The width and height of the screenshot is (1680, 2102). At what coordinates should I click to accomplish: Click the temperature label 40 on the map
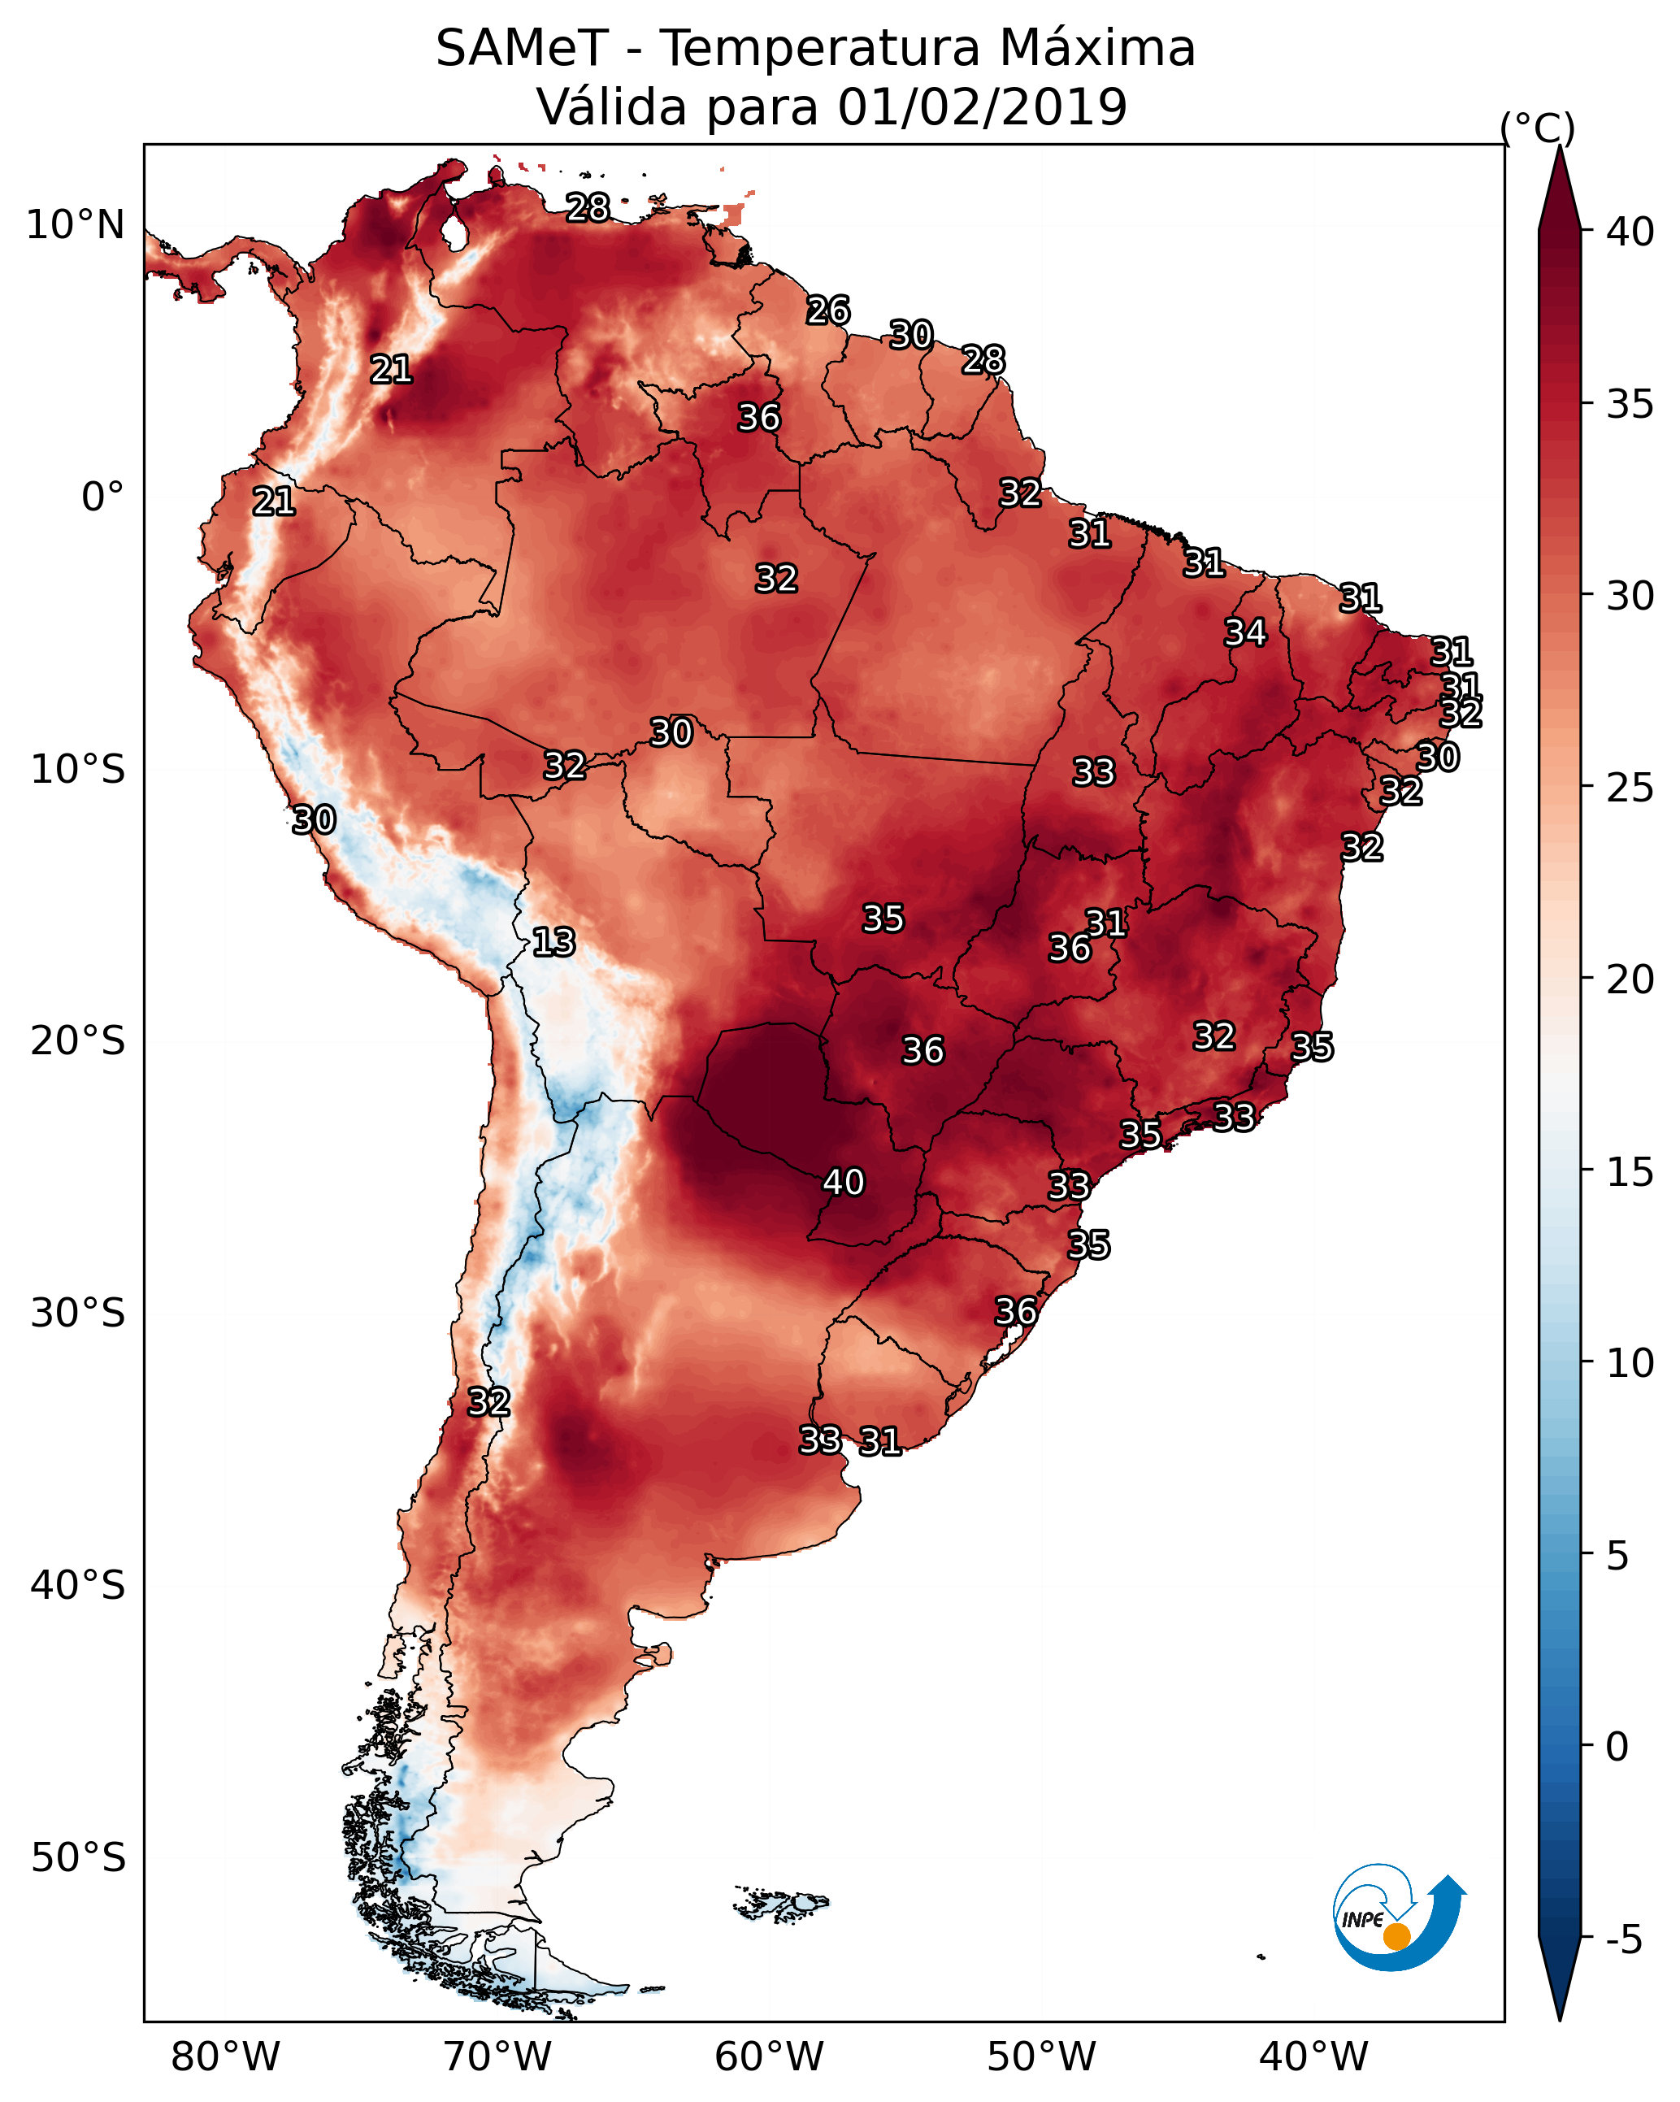844,1182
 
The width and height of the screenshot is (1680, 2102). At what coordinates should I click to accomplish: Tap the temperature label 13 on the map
553,942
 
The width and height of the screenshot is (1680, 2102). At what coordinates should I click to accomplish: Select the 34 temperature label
1245,632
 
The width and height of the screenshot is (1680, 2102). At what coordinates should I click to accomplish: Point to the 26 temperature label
829,310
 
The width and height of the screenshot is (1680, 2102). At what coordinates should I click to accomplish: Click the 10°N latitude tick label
75,225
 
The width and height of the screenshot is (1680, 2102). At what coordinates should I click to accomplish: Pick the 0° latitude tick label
102,497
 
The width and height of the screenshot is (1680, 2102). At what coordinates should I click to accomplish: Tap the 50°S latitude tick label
78,1858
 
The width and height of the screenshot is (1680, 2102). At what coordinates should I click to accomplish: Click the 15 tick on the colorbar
1630,1173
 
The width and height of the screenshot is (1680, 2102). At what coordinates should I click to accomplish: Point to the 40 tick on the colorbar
1630,232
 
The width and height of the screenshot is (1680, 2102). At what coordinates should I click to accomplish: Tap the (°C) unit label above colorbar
1538,128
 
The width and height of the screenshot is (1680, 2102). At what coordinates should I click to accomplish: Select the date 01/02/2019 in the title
983,106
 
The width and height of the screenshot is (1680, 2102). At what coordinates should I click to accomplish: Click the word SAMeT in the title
523,48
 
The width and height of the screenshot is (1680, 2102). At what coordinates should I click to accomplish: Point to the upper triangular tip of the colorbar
1560,146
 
